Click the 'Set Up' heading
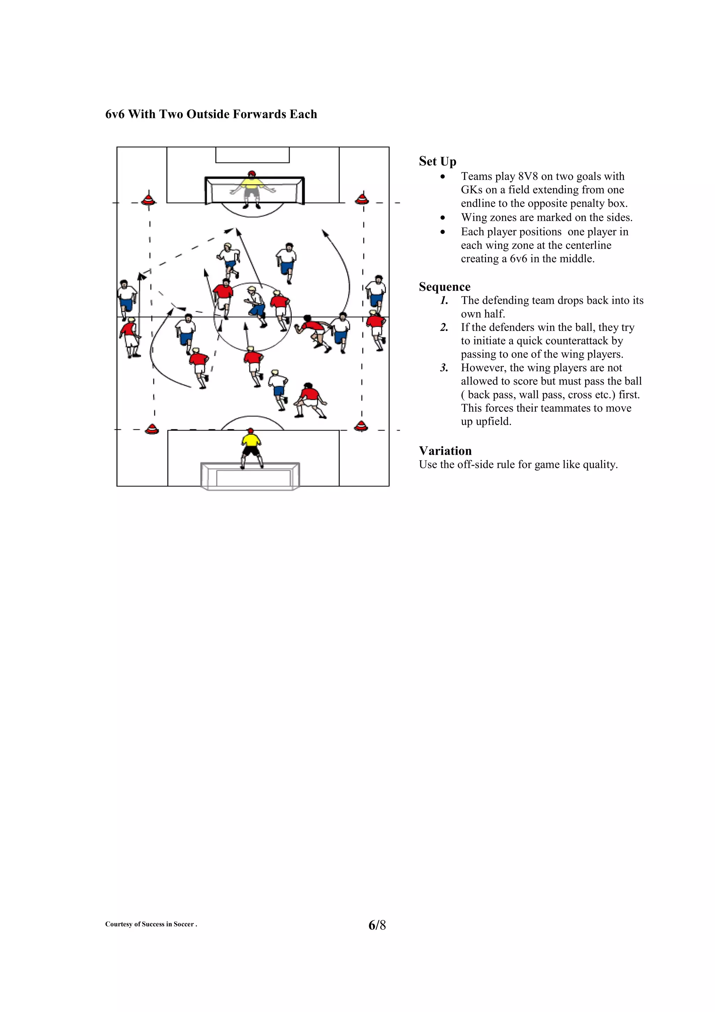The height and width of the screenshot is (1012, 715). click(437, 161)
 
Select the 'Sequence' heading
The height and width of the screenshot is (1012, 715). click(444, 287)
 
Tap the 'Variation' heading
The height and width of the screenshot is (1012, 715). click(445, 451)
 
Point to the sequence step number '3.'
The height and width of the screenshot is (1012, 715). click(444, 368)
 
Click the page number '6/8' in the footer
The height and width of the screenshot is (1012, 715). click(377, 925)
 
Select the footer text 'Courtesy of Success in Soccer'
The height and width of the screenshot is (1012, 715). click(150, 925)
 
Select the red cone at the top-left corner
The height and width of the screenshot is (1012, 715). click(148, 199)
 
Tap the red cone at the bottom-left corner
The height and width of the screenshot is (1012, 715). click(152, 428)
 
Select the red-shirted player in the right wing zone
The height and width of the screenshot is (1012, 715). click(376, 328)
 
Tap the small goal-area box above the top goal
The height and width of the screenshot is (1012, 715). click(252, 155)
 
